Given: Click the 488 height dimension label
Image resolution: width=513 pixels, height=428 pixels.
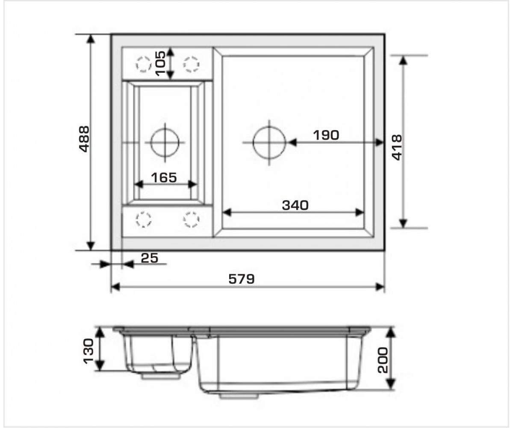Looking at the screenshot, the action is tap(85, 139).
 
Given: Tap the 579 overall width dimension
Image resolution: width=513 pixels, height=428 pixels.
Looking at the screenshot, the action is tap(242, 279).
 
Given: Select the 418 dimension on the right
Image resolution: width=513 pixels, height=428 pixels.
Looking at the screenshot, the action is tap(397, 147).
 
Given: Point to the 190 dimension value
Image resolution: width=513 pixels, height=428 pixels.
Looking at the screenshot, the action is tap(326, 135).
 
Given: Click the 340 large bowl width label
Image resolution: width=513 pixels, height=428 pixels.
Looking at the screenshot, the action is tap(295, 205).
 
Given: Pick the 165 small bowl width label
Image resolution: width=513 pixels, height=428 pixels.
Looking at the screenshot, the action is tap(164, 178).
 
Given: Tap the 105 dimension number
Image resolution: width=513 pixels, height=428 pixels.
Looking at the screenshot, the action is tap(161, 63).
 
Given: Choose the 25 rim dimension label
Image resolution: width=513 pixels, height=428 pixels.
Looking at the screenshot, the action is tap(150, 258).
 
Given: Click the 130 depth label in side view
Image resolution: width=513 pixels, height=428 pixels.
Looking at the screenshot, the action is tap(88, 351).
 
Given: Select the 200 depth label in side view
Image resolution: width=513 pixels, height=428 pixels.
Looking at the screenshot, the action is tap(383, 360).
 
